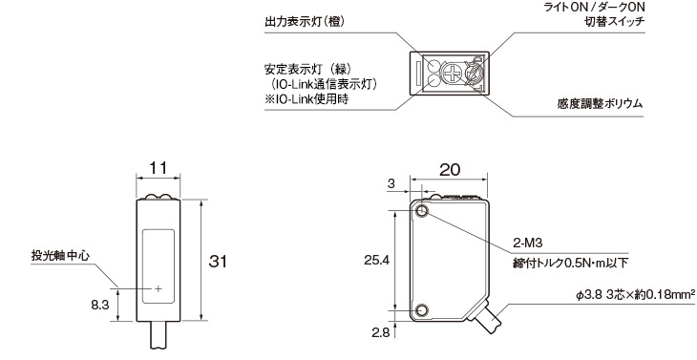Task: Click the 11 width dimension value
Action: pyautogui.click(x=158, y=168)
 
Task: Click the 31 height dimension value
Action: pyautogui.click(x=218, y=262)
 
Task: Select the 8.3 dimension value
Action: pyautogui.click(x=100, y=305)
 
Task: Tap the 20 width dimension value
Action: pyautogui.click(x=450, y=169)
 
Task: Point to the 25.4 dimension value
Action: pyautogui.click(x=376, y=260)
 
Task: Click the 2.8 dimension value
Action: pyautogui.click(x=381, y=332)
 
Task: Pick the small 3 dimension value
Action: pyautogui.click(x=391, y=184)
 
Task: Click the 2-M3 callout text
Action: pyautogui.click(x=528, y=244)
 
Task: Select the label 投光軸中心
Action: pyautogui.click(x=60, y=256)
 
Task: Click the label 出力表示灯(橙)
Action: pyautogui.click(x=305, y=22)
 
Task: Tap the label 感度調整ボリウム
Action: pyautogui.click(x=600, y=104)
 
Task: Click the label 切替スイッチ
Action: pyautogui.click(x=614, y=22)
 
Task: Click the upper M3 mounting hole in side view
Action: pyautogui.click(x=422, y=212)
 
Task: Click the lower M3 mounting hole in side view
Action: pyautogui.click(x=422, y=309)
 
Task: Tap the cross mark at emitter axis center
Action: pyautogui.click(x=158, y=289)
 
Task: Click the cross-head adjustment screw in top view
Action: pyautogui.click(x=452, y=73)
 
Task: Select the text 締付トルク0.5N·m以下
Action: pyautogui.click(x=571, y=264)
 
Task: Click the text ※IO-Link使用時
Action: pyautogui.click(x=306, y=99)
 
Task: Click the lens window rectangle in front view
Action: pyautogui.click(x=158, y=266)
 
